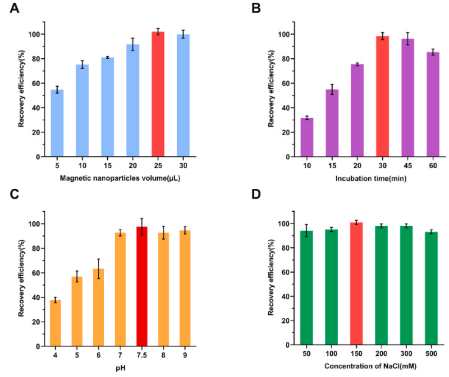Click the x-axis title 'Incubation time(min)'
pos(371,179)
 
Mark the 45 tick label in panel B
pos(408,166)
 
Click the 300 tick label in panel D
pos(407,354)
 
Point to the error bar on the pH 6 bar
pos(99,269)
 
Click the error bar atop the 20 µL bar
pos(133,44)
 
